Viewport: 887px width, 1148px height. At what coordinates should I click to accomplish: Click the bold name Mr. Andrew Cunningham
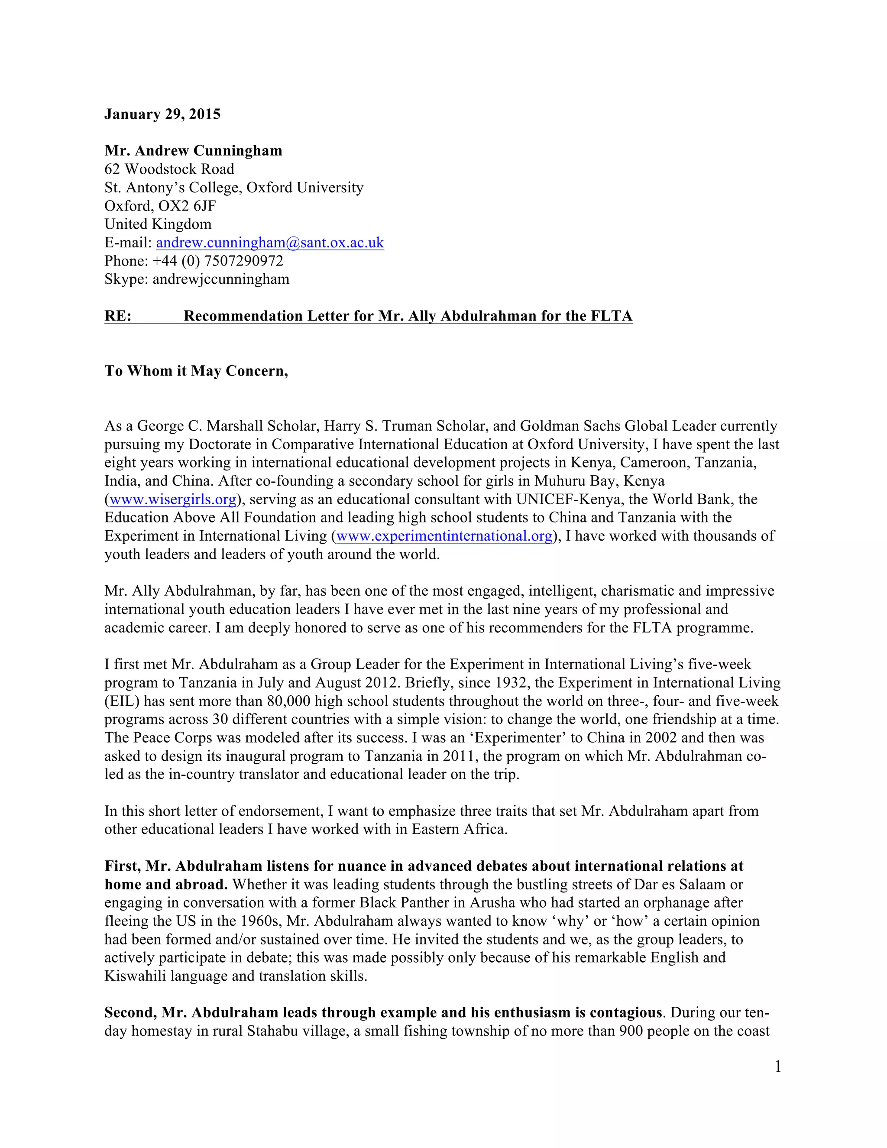point(193,151)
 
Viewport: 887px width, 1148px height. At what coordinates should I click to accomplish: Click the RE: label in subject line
point(118,316)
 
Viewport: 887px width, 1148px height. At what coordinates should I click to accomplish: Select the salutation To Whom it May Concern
point(196,371)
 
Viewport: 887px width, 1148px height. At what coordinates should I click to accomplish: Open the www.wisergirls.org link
point(173,499)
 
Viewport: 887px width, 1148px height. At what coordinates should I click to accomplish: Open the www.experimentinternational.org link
point(444,536)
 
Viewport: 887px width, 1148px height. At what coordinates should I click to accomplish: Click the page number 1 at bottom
point(778,1067)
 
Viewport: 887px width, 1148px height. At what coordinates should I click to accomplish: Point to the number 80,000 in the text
point(288,701)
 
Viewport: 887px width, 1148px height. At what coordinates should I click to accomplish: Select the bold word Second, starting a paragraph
point(130,1012)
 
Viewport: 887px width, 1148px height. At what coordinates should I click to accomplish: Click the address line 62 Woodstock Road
point(169,169)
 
